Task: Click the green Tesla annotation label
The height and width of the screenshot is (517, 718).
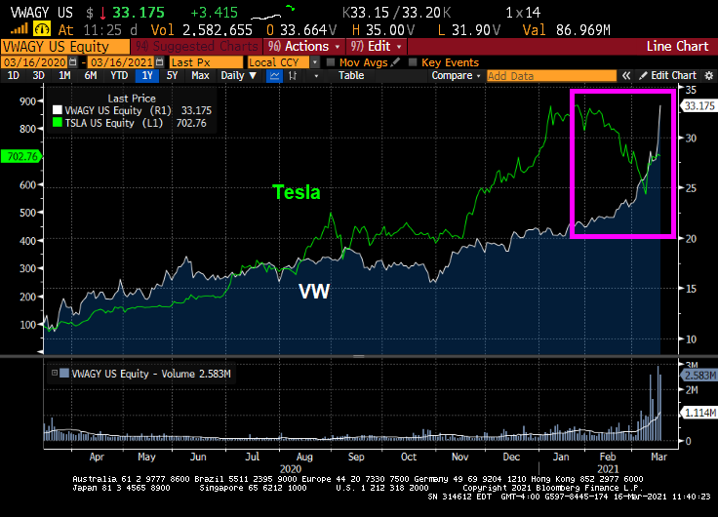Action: pyautogui.click(x=296, y=192)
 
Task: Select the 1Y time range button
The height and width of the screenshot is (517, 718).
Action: pyautogui.click(x=147, y=75)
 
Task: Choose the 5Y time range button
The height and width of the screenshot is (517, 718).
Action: pyautogui.click(x=173, y=75)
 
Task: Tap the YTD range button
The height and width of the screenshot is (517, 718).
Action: pyautogui.click(x=119, y=75)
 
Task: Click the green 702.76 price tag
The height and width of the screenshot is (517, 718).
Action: pyautogui.click(x=19, y=156)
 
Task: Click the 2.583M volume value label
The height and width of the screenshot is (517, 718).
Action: pyautogui.click(x=699, y=375)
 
